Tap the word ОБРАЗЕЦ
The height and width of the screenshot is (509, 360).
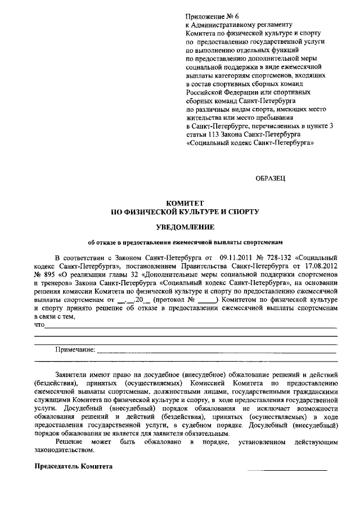tap(271, 178)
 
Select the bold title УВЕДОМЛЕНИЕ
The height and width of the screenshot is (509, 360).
tap(185, 227)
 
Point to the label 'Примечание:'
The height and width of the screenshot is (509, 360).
tap(75, 349)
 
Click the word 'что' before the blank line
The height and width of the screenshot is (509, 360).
tap(39, 325)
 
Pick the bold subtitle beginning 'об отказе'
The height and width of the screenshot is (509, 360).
tap(185, 242)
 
